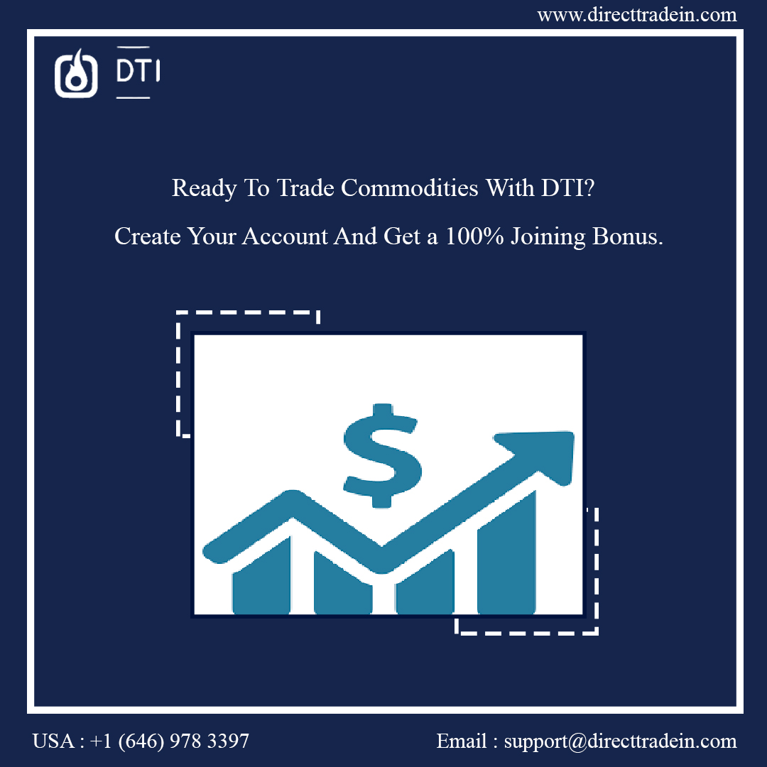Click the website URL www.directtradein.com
point(637,14)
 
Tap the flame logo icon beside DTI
point(76,73)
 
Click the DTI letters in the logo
point(137,70)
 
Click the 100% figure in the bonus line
point(471,236)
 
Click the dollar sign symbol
point(382,455)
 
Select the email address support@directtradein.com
point(620,742)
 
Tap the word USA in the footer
point(53,742)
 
